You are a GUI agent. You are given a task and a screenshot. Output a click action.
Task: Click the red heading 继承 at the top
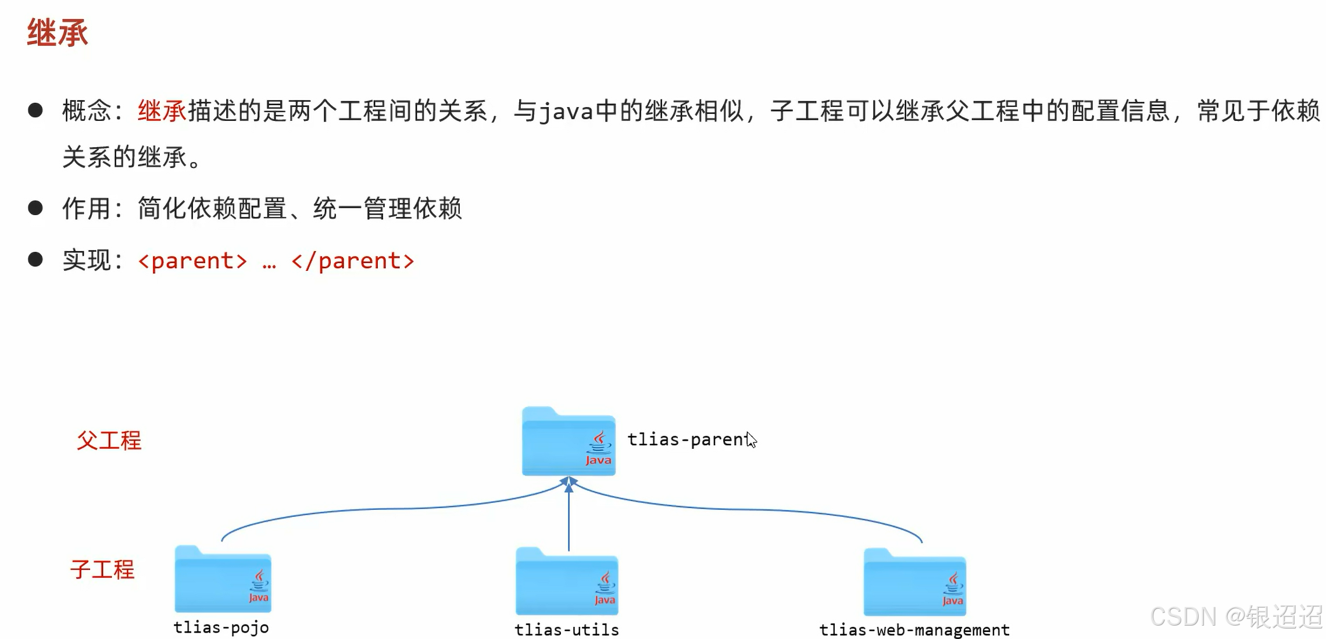coord(58,33)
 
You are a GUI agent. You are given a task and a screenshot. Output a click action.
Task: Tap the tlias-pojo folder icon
coord(223,580)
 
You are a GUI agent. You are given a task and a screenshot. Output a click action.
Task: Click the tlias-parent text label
coord(687,440)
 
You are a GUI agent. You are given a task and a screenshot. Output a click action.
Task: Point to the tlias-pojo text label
coord(221,627)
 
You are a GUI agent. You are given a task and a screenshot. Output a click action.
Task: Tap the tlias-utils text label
coord(567,630)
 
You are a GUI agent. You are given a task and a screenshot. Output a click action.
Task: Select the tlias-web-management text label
coord(914,630)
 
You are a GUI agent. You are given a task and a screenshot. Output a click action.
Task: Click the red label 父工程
coord(109,441)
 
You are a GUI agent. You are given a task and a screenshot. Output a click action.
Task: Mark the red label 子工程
coord(102,569)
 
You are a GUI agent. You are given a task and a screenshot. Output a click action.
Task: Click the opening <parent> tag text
coord(193,261)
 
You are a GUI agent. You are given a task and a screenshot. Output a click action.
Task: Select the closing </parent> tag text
coord(353,261)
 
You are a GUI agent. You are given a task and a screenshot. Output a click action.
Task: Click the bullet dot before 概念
coord(35,110)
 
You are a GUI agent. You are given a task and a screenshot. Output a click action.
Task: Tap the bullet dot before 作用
coord(35,208)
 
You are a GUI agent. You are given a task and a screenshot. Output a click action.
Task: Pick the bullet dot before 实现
coord(35,259)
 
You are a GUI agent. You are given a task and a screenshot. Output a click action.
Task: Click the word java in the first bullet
coord(566,111)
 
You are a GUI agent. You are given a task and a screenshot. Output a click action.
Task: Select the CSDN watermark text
coord(1236,616)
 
